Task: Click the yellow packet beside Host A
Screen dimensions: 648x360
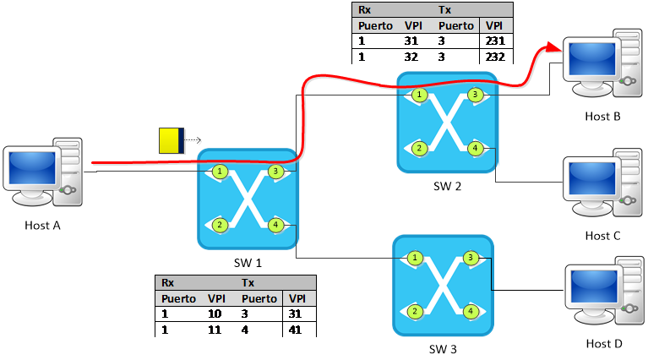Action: tap(172, 140)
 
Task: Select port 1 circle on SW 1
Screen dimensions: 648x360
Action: tap(220, 171)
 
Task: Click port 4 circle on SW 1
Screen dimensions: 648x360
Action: tap(275, 226)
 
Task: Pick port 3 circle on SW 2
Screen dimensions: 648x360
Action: tap(475, 95)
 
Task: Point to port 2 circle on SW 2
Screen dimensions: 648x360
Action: tap(419, 149)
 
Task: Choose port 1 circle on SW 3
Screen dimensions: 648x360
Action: tap(415, 258)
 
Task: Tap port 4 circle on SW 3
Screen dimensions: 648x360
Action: tap(471, 311)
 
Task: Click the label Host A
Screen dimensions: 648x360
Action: tap(42, 226)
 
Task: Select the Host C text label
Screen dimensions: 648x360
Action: tap(602, 236)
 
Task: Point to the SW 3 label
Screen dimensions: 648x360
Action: tap(443, 349)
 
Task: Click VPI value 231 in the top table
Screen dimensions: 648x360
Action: tap(495, 41)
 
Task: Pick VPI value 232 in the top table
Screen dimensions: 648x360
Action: tap(495, 57)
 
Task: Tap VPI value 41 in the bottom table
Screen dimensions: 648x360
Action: tap(295, 330)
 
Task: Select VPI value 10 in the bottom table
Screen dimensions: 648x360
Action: tap(215, 314)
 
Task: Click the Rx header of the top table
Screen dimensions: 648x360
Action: tap(364, 10)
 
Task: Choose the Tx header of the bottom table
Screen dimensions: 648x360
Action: tap(248, 283)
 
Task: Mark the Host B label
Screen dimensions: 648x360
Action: tap(602, 117)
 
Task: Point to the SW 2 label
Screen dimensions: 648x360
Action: tap(447, 187)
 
